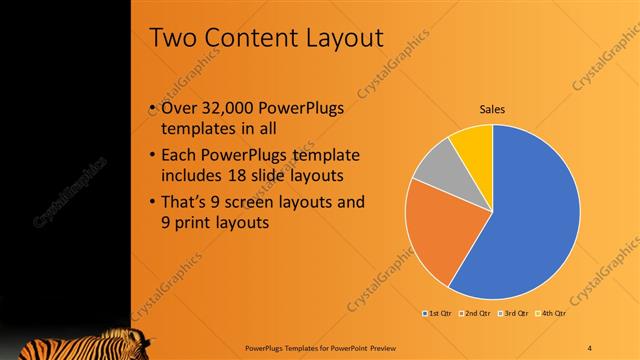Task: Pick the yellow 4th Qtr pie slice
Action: coord(471,143)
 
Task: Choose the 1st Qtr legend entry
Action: coord(437,314)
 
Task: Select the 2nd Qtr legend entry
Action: coord(474,314)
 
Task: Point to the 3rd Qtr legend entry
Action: coord(512,314)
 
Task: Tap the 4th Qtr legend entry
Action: coord(549,314)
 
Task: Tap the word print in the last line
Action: coord(195,224)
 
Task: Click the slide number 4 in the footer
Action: coord(589,346)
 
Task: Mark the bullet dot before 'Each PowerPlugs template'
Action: coord(151,156)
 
